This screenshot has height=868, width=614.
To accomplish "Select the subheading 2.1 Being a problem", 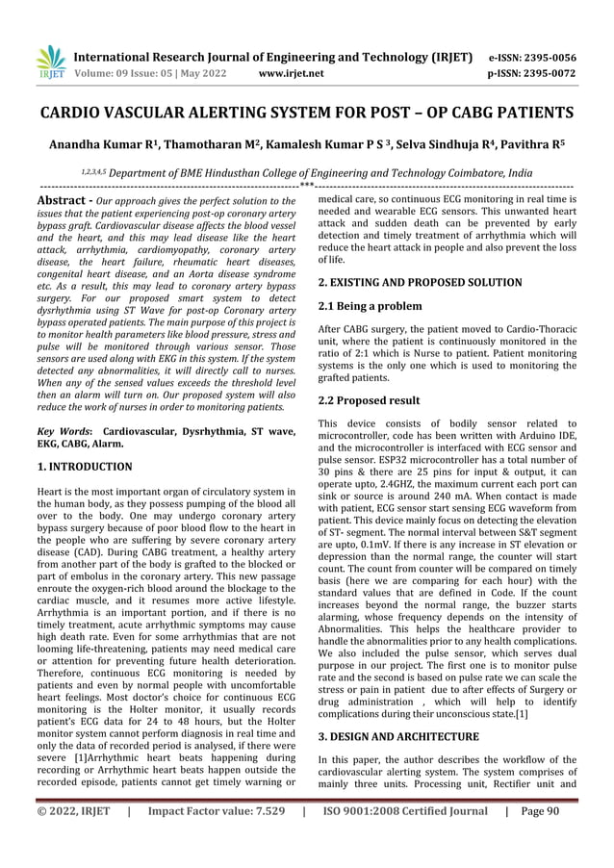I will coord(370,306).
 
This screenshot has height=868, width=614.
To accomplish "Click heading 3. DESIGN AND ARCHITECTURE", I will coord(397,736).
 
